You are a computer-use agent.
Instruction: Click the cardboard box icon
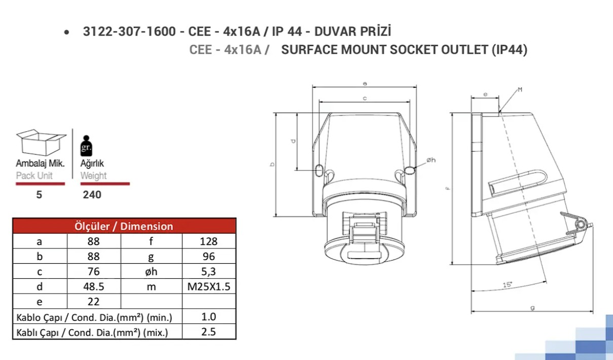[x=41, y=142]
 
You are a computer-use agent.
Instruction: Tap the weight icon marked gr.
[x=86, y=146]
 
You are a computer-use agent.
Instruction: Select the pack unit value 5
[x=39, y=195]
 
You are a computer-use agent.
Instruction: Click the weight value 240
[x=92, y=195]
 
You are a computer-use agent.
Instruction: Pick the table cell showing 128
[x=208, y=241]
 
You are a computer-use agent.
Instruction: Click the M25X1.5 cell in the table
[x=208, y=286]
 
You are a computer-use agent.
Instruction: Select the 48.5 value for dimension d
[x=94, y=286]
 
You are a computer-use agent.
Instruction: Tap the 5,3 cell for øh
[x=208, y=271]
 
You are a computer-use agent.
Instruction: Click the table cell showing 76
[x=94, y=271]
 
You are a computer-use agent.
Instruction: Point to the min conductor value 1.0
[x=208, y=317]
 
